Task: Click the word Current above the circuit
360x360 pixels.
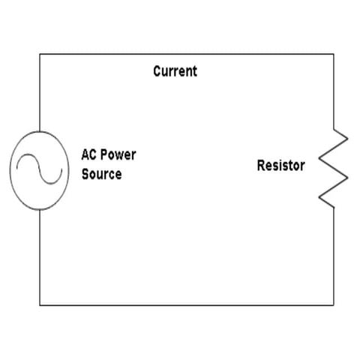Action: tap(175, 72)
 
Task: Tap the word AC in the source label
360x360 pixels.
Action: tap(89, 156)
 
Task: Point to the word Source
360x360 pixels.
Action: tap(101, 174)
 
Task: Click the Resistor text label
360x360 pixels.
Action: tap(280, 166)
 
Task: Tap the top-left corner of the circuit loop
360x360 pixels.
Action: tap(39, 53)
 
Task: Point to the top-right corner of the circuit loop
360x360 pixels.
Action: tap(333, 53)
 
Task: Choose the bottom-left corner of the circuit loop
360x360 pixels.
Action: tap(39, 304)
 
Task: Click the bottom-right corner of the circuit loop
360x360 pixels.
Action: tap(333, 304)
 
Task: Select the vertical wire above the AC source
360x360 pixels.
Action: tap(39, 90)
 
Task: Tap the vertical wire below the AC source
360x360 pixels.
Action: tap(39, 255)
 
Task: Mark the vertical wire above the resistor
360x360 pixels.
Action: tap(333, 90)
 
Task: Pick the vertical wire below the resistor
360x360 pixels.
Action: tap(333, 255)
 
